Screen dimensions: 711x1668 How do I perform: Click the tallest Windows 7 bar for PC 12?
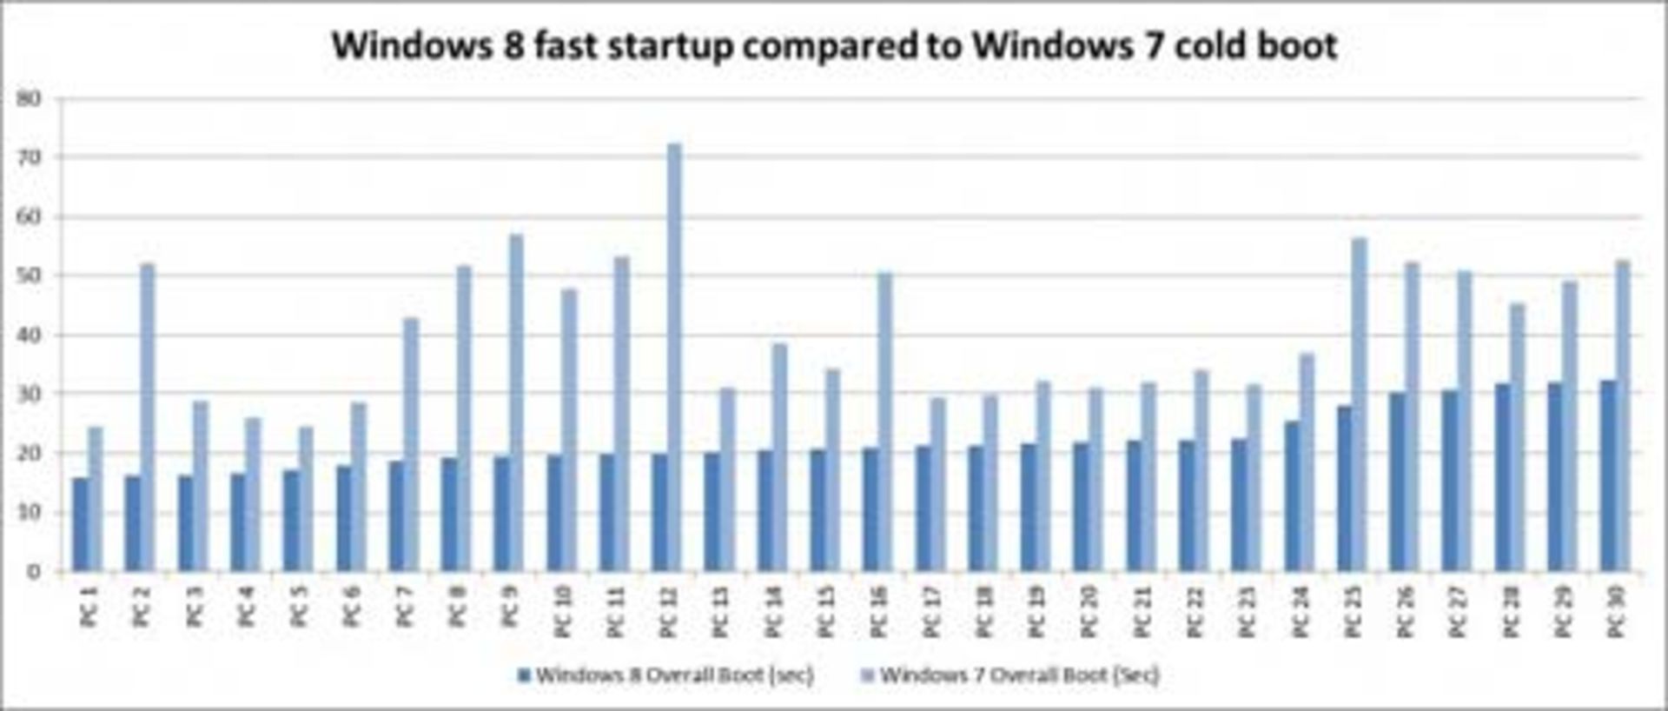[x=673, y=356]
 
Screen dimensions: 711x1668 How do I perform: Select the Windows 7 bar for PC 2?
[x=147, y=417]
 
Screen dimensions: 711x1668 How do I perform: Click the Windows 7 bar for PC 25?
[x=1359, y=404]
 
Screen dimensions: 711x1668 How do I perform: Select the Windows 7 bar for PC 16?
[x=884, y=422]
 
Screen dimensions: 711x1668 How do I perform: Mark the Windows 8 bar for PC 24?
[x=1293, y=496]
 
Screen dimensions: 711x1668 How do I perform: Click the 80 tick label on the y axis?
[x=29, y=98]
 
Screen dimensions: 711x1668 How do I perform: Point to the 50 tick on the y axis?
[x=29, y=276]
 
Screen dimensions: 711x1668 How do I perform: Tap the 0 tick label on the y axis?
[x=33, y=572]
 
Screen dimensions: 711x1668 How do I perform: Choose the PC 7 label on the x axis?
[x=404, y=607]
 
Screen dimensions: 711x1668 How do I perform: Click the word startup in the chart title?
[x=671, y=46]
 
